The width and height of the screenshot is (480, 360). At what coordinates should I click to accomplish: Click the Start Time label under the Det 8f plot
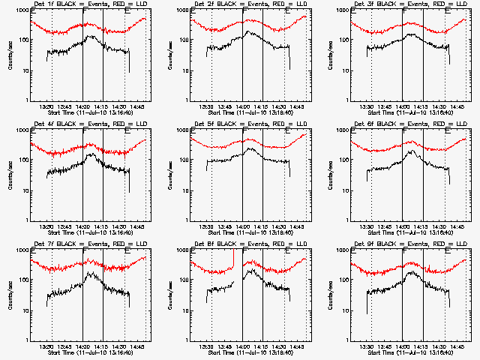point(249,352)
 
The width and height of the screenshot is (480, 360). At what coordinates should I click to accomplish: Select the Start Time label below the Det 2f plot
point(249,112)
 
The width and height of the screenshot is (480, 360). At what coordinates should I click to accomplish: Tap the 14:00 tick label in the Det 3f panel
point(403,106)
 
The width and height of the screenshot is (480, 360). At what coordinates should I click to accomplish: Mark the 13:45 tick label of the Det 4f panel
point(64,226)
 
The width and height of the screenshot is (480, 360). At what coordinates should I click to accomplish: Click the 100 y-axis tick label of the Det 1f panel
point(21,40)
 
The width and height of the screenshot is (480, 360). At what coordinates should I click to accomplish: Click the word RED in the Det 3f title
point(432,5)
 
